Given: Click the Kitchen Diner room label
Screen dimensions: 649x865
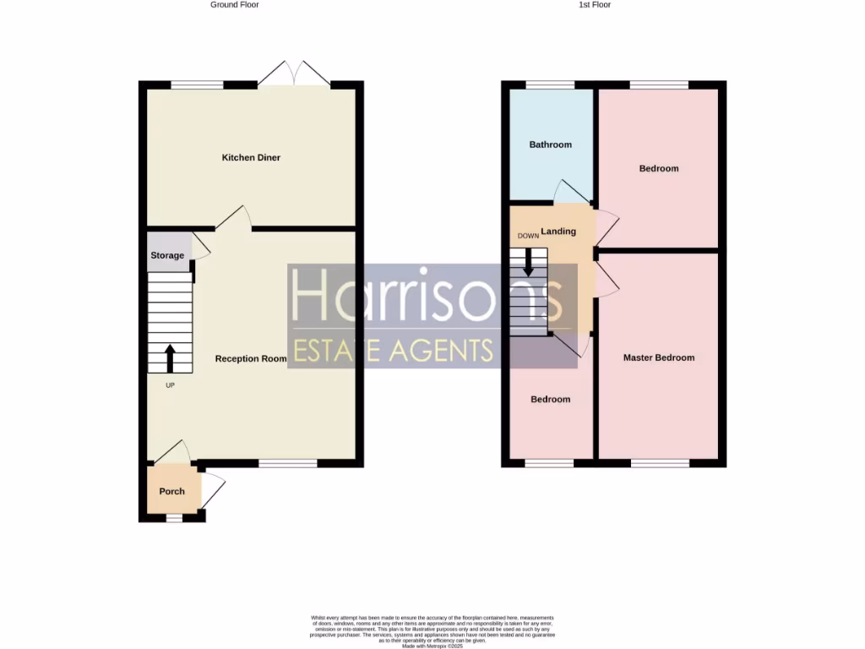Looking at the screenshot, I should point(251,158).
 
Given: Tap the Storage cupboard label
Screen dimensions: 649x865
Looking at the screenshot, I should point(167,255).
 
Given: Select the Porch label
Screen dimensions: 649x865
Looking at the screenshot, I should point(171,492).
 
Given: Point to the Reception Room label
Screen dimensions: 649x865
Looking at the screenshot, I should point(251,359).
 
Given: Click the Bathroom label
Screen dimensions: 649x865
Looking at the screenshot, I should point(550,145).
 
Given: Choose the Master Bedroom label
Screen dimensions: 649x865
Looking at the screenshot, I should point(659,357).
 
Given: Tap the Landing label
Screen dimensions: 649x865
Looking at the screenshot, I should point(558,232).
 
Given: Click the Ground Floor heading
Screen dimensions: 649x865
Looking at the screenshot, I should point(235,5).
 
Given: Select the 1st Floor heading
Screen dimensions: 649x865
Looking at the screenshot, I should point(594,5).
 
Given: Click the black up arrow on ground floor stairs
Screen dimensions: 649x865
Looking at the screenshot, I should point(169,357).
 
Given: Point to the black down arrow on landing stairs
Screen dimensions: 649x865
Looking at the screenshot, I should point(529,263).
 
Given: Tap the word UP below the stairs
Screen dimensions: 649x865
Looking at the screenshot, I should point(171,385).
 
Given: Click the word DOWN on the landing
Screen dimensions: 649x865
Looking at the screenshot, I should point(528,236).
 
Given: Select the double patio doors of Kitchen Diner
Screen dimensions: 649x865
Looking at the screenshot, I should point(294,74).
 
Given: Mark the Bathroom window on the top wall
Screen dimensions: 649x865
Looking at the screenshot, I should point(550,85).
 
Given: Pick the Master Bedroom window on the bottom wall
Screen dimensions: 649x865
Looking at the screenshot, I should point(659,463).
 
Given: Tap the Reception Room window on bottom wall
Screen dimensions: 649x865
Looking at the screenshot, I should point(288,463).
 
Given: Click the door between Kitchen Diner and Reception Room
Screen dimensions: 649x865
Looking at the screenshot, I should point(234,218).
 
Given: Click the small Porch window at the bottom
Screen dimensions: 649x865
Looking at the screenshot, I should point(174,518).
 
